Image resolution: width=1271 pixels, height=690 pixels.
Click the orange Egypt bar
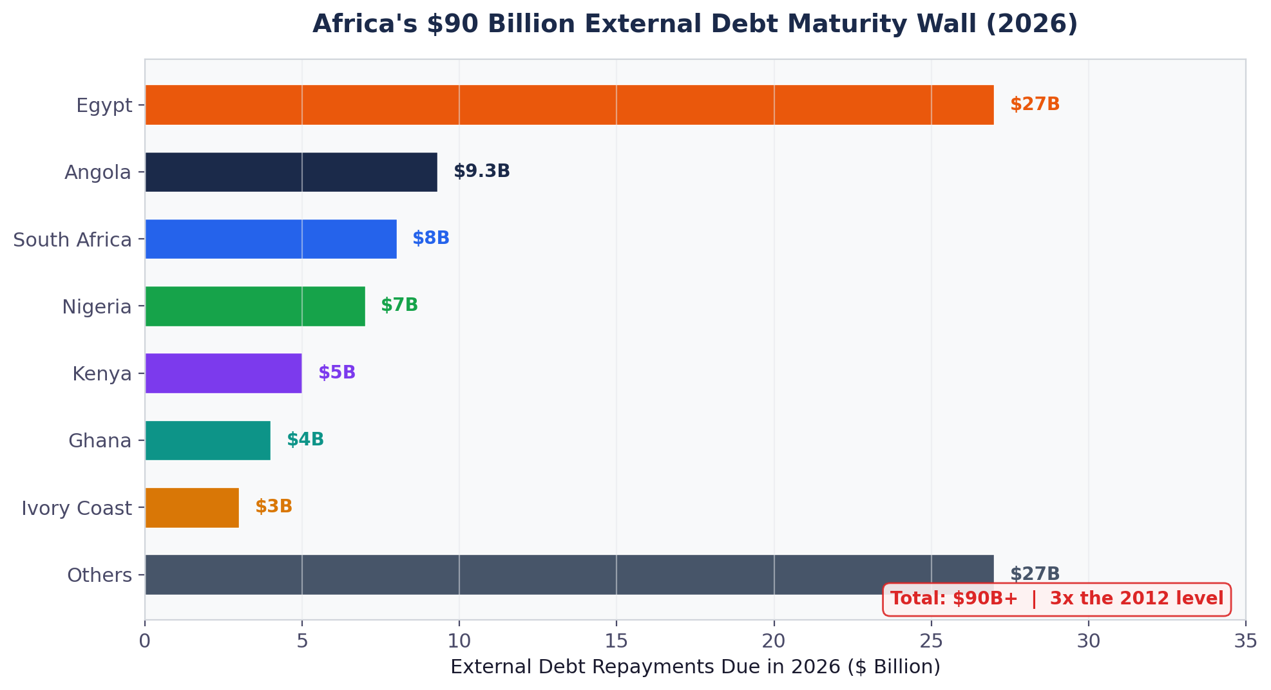[569, 105]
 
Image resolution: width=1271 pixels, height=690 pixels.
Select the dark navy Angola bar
[291, 172]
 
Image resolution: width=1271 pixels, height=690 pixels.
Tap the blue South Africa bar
[271, 239]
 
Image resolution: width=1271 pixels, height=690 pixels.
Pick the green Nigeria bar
[255, 306]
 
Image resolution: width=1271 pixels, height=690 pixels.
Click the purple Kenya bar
[224, 373]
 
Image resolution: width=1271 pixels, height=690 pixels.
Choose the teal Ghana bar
[207, 440]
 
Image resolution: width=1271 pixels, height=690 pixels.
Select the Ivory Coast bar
[192, 508]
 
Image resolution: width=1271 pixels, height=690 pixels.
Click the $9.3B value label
[481, 172]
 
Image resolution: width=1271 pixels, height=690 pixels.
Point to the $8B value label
[430, 239]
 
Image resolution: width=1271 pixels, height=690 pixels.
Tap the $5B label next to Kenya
[336, 373]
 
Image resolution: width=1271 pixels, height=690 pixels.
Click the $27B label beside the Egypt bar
[1034, 105]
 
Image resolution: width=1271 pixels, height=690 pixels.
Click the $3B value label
[273, 507]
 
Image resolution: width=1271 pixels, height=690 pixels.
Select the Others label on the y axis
[99, 575]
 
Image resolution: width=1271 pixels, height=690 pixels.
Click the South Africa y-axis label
[72, 240]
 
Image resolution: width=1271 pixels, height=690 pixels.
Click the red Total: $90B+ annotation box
[1056, 599]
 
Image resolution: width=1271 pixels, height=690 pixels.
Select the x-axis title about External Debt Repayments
[695, 667]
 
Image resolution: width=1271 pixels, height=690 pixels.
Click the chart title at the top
[695, 24]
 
